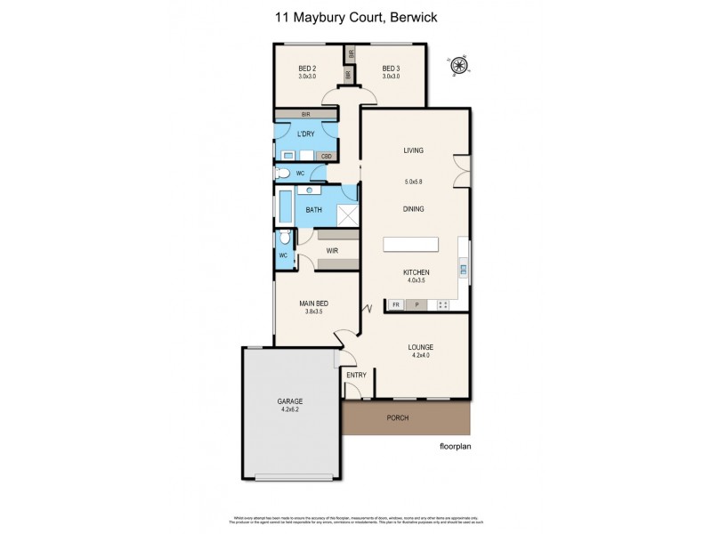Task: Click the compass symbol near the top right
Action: pos(460,64)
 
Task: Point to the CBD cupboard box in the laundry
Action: pos(327,155)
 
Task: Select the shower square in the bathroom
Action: pos(345,214)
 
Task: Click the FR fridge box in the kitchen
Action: pos(394,305)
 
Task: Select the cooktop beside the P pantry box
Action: pos(441,305)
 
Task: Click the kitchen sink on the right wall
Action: pos(463,267)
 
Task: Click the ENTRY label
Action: pos(356,375)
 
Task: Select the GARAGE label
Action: pos(290,401)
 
